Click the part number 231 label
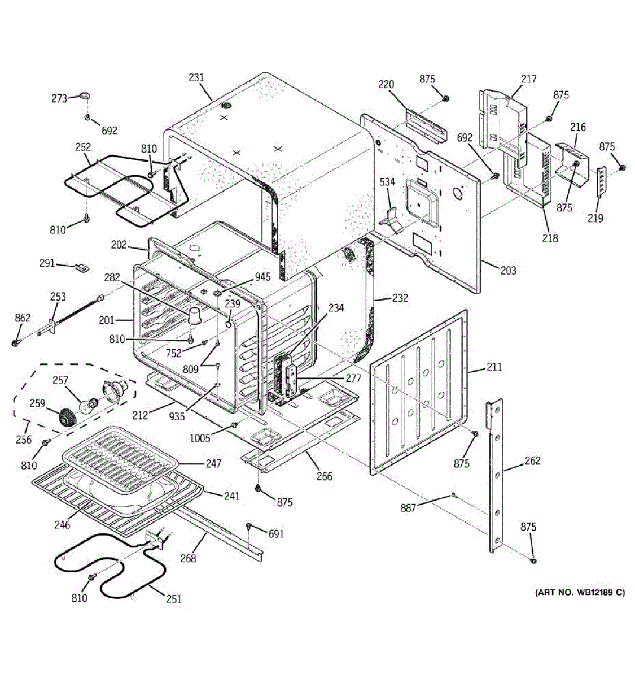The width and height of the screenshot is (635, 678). tap(196, 78)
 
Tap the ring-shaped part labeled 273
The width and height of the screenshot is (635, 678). tap(85, 97)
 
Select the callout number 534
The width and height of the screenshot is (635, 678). tap(387, 182)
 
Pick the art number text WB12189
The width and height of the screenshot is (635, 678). tap(591, 592)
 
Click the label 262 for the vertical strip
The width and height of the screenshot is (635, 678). tap(532, 461)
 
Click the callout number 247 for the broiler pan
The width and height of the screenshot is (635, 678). tap(213, 463)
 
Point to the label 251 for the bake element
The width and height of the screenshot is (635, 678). tap(174, 598)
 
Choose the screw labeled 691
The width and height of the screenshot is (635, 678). tap(248, 527)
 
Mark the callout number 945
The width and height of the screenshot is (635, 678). tap(262, 277)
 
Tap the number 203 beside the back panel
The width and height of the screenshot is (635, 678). tap(508, 271)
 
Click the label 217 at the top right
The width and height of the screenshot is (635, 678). tap(528, 79)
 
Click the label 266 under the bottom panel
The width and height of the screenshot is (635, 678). tap(324, 476)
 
